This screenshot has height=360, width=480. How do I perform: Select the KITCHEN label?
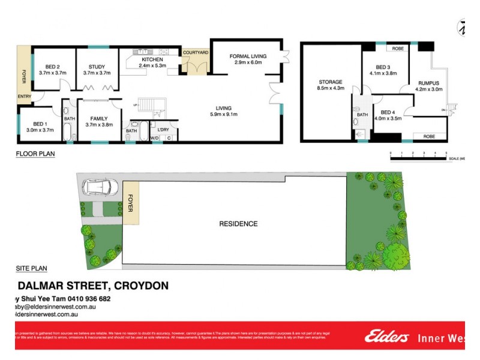pyautogui.click(x=152, y=60)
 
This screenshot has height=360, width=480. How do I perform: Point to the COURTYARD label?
pyautogui.click(x=196, y=53)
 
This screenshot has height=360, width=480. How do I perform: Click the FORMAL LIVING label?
pyautogui.click(x=248, y=56)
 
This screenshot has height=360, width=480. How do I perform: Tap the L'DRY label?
pyautogui.click(x=163, y=130)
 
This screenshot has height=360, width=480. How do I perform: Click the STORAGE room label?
pyautogui.click(x=331, y=82)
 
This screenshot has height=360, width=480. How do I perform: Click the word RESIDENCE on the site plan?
pyautogui.click(x=238, y=224)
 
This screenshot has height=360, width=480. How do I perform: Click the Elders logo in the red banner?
pyautogui.click(x=386, y=337)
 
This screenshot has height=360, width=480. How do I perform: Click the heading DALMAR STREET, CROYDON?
pyautogui.click(x=92, y=286)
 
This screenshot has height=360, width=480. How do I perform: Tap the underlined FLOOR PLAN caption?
pyautogui.click(x=35, y=154)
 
